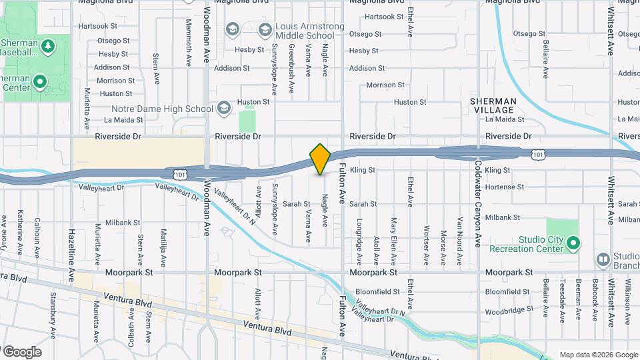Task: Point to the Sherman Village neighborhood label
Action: click(x=492, y=105)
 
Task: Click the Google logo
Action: click(x=21, y=351)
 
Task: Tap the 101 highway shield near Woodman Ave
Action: click(x=179, y=173)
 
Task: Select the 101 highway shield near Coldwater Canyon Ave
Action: click(x=537, y=154)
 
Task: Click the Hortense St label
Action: click(x=505, y=187)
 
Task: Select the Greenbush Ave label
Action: click(x=291, y=62)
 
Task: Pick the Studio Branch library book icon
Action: click(x=603, y=259)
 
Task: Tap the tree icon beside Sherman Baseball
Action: click(x=47, y=46)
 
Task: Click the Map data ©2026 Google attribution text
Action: click(x=598, y=355)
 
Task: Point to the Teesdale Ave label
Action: click(x=563, y=297)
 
